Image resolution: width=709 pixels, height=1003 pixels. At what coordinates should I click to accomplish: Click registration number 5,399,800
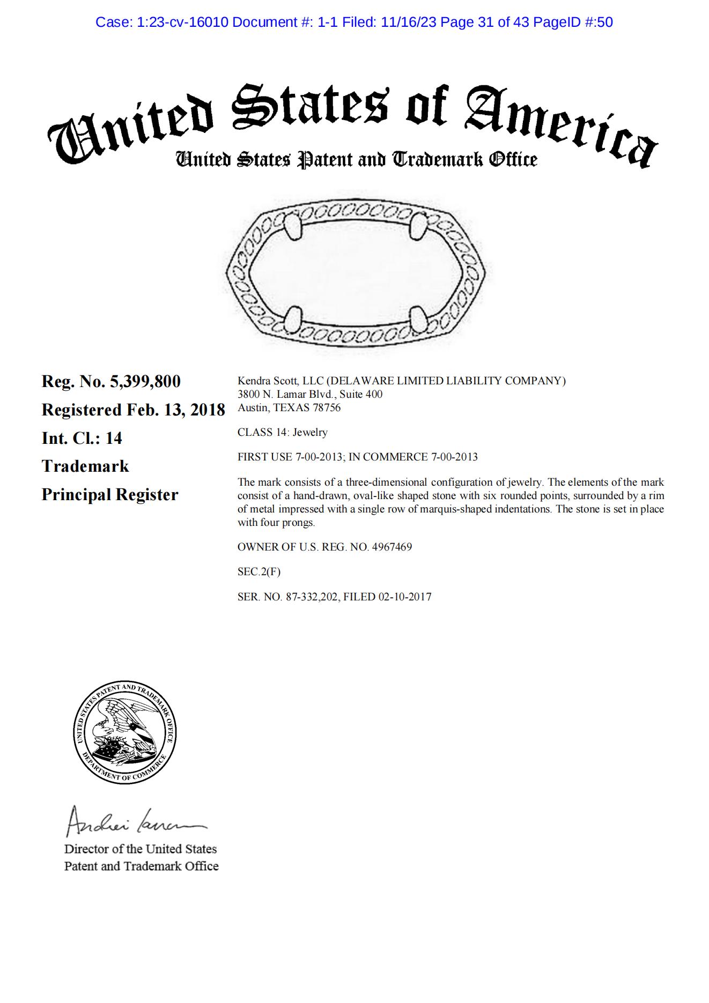pos(145,382)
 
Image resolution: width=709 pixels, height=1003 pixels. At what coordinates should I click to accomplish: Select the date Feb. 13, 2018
pos(175,410)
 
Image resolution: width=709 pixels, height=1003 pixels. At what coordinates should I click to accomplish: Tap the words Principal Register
pos(109,495)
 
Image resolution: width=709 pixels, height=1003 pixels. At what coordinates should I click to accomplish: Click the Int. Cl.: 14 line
pos(82,439)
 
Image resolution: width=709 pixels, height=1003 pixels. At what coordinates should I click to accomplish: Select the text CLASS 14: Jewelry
pos(282,433)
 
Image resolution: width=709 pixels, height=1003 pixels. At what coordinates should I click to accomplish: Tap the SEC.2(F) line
pos(259,572)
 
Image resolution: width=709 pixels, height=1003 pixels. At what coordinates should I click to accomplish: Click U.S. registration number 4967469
pos(392,547)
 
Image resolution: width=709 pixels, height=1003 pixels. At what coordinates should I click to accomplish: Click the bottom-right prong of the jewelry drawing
pos(418,320)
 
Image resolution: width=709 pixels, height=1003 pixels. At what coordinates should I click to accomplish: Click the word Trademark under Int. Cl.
pos(85,466)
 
